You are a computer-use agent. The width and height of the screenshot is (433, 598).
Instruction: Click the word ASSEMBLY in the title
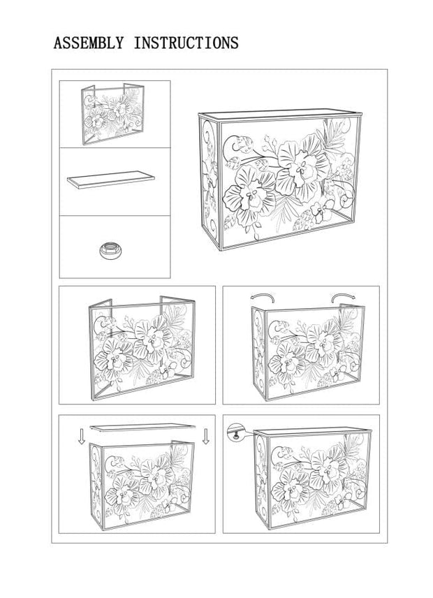(x=89, y=43)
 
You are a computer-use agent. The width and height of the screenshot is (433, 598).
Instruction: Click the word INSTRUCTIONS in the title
(x=186, y=43)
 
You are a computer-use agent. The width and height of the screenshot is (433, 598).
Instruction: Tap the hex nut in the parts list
(x=111, y=250)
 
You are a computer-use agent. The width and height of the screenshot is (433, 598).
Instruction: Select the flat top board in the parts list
(x=111, y=180)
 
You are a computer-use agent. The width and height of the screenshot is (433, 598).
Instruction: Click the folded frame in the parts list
(x=113, y=114)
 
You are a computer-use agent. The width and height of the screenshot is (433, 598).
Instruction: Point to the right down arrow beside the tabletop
(x=206, y=437)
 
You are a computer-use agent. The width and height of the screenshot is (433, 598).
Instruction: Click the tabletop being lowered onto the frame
(x=142, y=427)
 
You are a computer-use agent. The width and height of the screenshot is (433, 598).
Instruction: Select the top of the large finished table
(x=280, y=115)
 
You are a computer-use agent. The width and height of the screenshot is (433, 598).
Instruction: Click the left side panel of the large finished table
(x=210, y=183)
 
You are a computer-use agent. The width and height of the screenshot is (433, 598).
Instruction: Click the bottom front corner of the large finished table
(x=221, y=250)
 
